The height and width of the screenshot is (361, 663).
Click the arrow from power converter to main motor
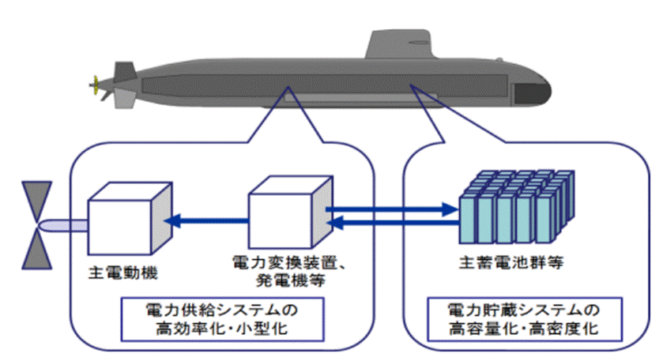210,222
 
